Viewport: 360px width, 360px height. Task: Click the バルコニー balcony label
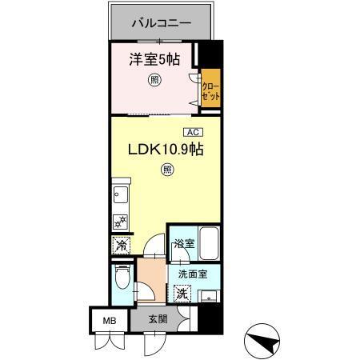(x=163, y=23)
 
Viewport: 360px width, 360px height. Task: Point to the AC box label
(x=193, y=132)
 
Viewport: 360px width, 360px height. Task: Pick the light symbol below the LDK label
(x=166, y=169)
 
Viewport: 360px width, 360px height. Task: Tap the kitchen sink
(x=121, y=195)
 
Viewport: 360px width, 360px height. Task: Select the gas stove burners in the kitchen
(x=121, y=222)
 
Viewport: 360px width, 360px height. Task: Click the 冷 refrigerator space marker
(x=120, y=246)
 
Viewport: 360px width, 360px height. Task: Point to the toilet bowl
(x=120, y=280)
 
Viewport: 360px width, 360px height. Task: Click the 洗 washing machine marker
(x=182, y=294)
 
